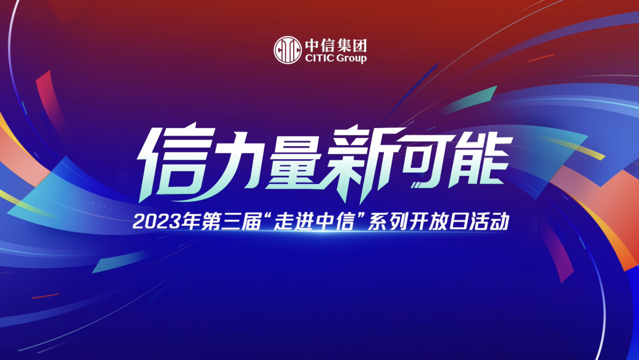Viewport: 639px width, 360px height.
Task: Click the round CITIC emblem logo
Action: (x=288, y=50)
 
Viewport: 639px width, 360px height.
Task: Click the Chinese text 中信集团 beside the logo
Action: (x=336, y=45)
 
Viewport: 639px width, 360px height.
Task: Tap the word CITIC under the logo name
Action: (x=319, y=58)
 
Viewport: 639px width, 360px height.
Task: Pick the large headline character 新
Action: (x=362, y=164)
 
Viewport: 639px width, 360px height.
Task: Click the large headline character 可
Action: (x=428, y=161)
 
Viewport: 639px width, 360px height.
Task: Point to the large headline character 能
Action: (x=479, y=161)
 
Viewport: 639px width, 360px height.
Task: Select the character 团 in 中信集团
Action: (x=360, y=46)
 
